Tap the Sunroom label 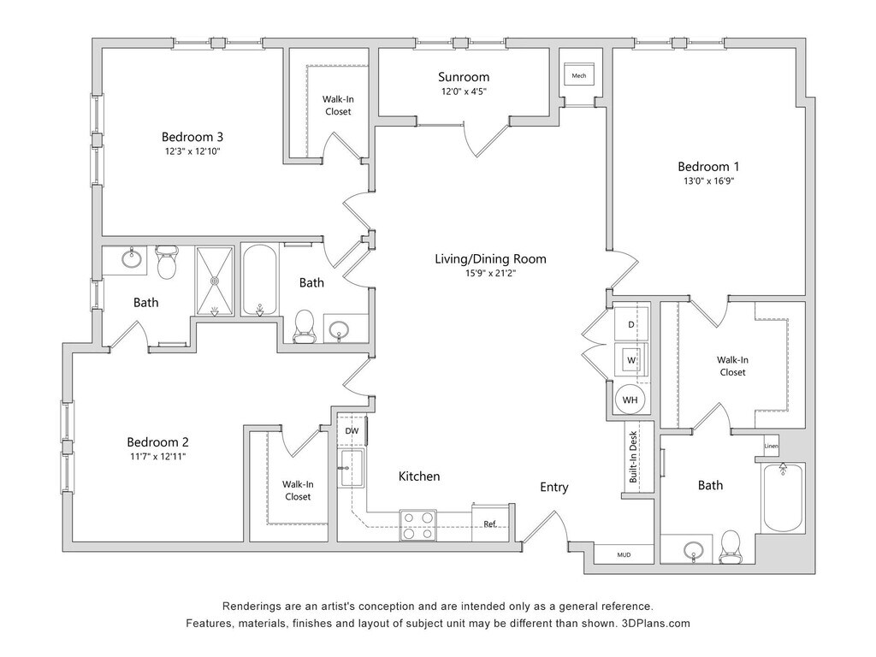point(465,76)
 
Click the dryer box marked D point(631,325)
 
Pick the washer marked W point(631,360)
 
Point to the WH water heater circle point(630,400)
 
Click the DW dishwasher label point(352,431)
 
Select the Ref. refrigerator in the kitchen point(491,524)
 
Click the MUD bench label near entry point(624,555)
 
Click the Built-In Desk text point(634,459)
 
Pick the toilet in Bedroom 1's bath point(731,546)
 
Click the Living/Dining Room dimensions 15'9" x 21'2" point(490,274)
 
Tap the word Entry point(553,487)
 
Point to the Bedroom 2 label point(157,442)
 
